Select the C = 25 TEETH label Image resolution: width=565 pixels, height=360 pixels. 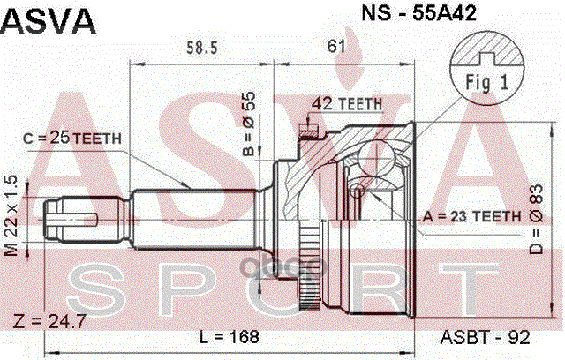[72, 138]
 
